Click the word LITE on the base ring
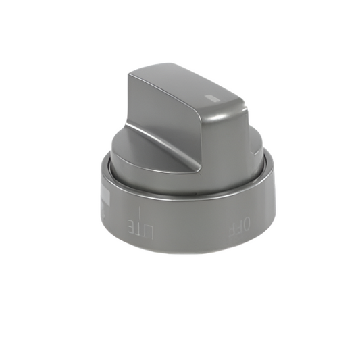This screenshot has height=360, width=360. [141, 228]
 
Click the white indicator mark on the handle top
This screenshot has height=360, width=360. [213, 97]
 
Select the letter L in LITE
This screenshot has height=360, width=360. [150, 230]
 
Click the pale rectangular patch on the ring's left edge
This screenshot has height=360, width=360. [105, 197]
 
